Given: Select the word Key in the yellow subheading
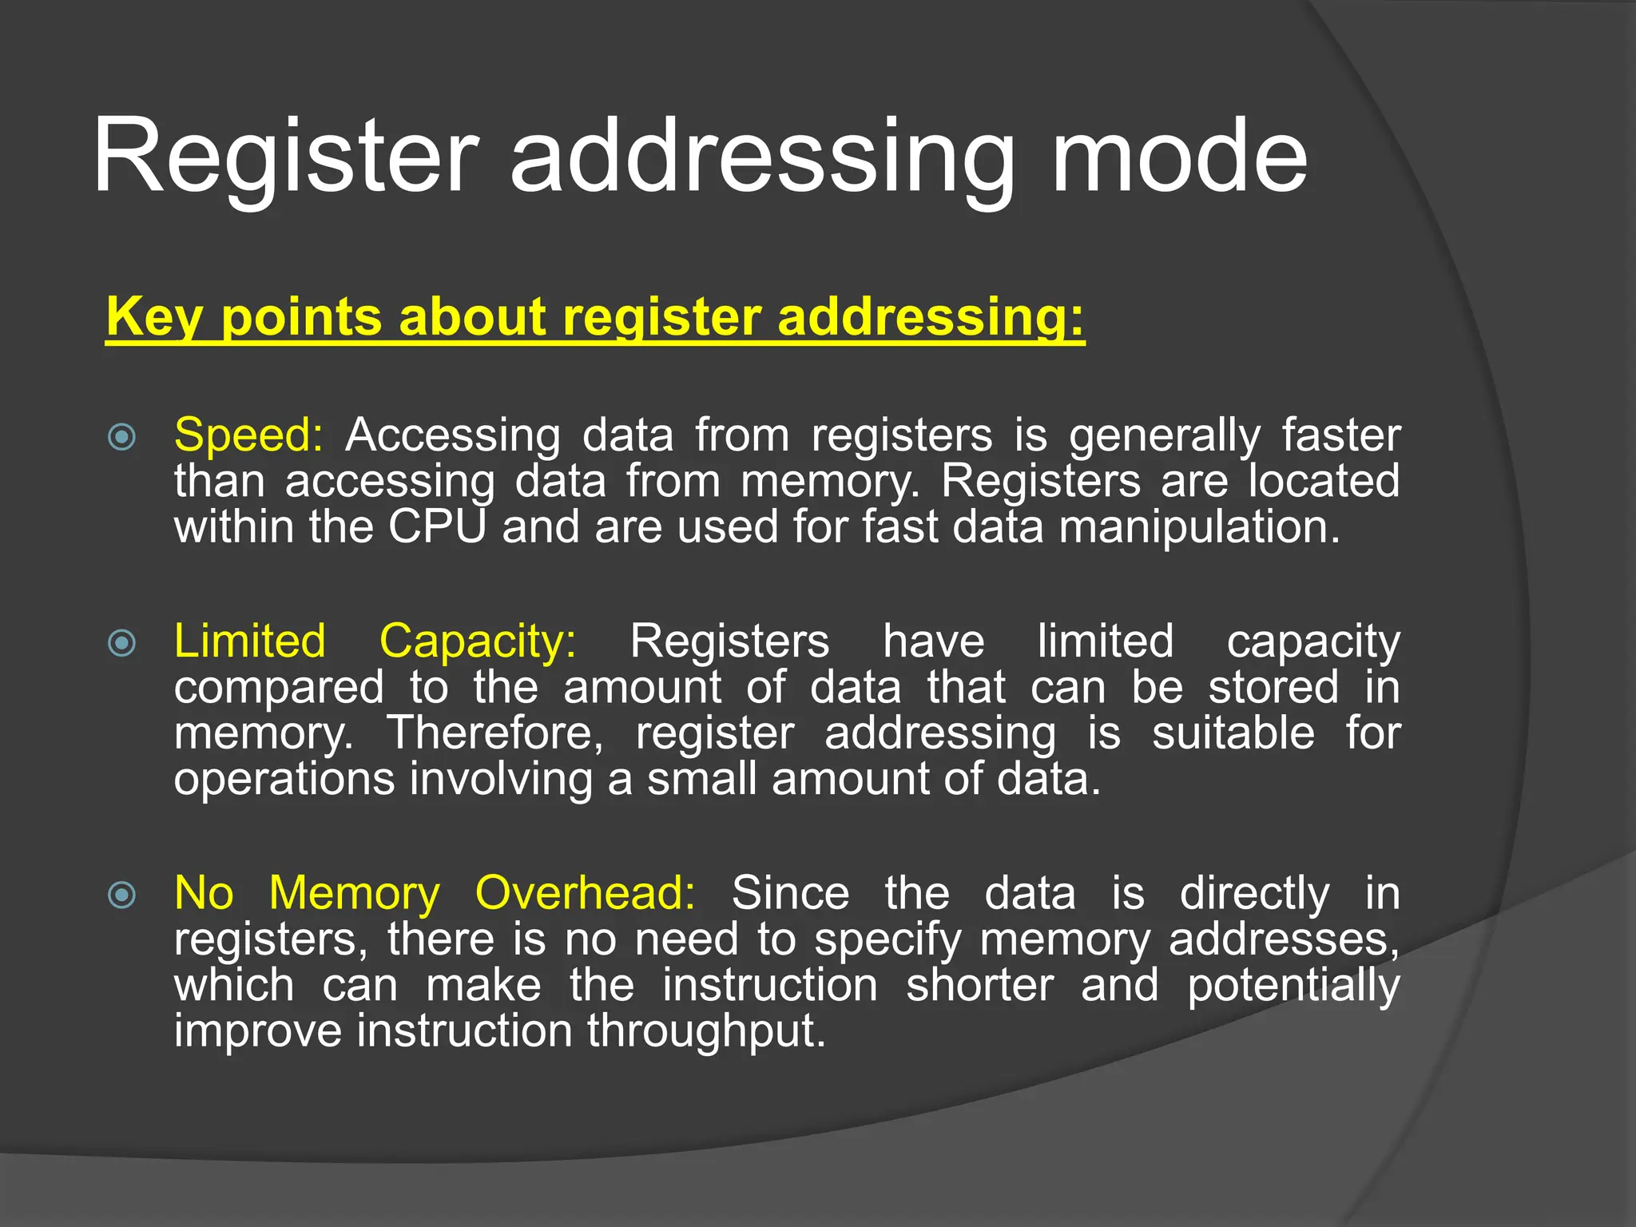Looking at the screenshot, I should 153,317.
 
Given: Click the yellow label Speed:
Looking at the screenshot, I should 248,436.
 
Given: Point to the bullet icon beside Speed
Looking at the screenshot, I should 121,437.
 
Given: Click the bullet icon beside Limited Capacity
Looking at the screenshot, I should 121,642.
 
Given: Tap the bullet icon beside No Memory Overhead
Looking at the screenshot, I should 121,895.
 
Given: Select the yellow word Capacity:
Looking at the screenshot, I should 477,641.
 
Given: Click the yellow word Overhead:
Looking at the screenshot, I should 585,893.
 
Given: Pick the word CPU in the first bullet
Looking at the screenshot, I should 437,528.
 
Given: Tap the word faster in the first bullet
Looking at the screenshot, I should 1340,436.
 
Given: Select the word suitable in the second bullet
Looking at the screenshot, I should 1233,733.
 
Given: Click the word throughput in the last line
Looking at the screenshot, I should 706,1031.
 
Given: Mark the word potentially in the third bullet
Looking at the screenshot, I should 1293,985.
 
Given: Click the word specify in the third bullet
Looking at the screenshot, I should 887,939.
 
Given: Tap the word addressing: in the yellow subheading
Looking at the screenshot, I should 931,317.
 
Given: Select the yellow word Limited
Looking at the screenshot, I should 249,641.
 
